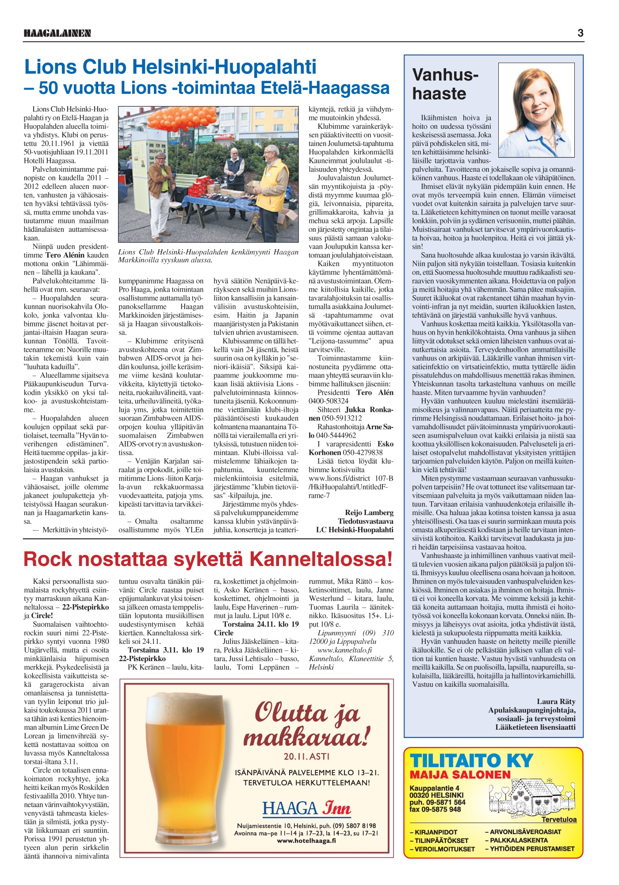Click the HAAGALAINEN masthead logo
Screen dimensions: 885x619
(x=57, y=33)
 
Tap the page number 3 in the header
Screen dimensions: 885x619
(x=580, y=33)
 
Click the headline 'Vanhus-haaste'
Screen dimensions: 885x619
(x=445, y=84)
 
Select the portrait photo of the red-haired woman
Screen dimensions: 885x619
(x=537, y=110)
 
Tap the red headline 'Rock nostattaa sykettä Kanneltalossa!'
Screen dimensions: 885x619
(x=208, y=559)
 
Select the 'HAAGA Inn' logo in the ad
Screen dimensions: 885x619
(x=306, y=808)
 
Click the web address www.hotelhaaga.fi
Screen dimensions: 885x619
(x=306, y=841)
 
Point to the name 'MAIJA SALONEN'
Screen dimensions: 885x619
(x=460, y=775)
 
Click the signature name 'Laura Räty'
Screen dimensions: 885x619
(x=556, y=701)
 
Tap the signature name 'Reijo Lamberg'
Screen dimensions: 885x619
(x=369, y=512)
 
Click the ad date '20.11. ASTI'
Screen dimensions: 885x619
(x=306, y=756)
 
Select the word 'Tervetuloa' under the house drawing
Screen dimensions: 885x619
(x=559, y=819)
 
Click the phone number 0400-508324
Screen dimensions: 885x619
(x=329, y=401)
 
